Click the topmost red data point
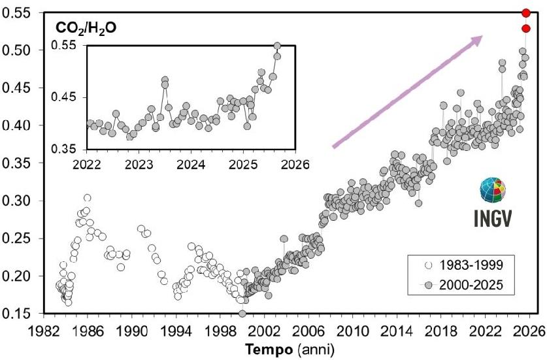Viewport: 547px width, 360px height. [525, 13]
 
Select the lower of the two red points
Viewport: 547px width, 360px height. [525, 28]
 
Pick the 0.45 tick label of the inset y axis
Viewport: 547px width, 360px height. [65, 97]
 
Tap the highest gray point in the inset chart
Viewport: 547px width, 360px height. [277, 46]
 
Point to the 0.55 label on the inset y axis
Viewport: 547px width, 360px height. [65, 45]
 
